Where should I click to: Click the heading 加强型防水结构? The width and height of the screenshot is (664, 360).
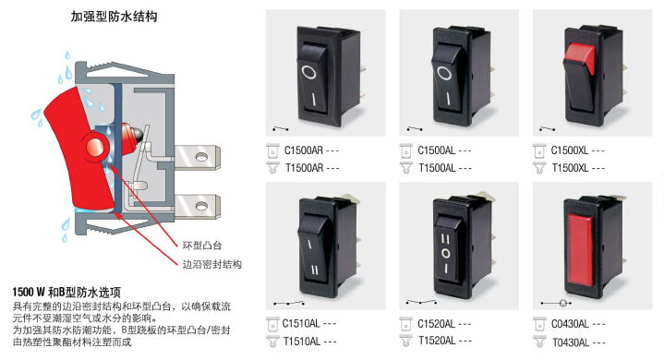tap(114, 17)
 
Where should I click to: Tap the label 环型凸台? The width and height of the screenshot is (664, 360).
tap(202, 246)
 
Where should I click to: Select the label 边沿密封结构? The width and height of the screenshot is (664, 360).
tap(211, 264)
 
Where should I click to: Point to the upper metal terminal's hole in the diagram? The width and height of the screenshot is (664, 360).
tap(201, 157)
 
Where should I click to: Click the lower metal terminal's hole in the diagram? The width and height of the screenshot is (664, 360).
tap(201, 207)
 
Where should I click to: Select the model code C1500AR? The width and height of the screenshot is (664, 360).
tap(303, 150)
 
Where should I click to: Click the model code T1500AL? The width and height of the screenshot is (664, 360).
tap(437, 168)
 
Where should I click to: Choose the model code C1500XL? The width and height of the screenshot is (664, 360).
tap(570, 150)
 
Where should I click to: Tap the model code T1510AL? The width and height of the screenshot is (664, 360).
tap(302, 341)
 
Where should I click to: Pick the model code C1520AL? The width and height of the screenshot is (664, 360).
tap(437, 324)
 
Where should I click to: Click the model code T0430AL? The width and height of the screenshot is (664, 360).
tap(571, 342)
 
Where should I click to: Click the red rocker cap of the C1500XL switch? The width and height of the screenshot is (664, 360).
tap(580, 55)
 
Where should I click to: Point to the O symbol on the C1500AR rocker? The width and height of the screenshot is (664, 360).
tap(308, 72)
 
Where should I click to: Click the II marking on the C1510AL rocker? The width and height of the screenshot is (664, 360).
tap(314, 270)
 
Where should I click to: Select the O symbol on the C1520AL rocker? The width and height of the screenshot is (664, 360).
tap(445, 254)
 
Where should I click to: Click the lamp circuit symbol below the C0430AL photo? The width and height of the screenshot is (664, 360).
tap(557, 303)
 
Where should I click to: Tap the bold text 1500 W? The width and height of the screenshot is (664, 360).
tap(29, 292)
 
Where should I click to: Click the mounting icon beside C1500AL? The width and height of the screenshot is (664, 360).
tap(405, 150)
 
